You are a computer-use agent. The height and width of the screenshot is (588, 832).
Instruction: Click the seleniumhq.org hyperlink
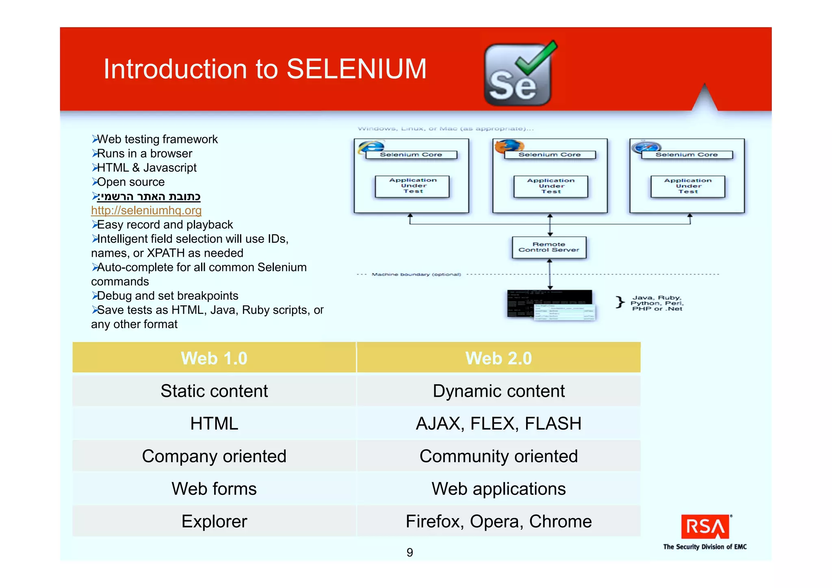click(146, 210)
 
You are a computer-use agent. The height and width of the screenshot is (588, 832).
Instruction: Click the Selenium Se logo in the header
click(518, 75)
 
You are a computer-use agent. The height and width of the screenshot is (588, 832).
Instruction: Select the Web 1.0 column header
click(214, 358)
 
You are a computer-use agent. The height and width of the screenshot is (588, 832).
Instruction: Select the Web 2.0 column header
click(498, 358)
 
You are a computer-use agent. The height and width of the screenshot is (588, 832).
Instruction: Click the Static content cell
click(214, 391)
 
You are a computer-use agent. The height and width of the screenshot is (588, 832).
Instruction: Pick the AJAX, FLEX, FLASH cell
click(498, 424)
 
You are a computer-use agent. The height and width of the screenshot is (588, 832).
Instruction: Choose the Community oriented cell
click(498, 456)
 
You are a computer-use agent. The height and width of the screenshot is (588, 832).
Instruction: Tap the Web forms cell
click(214, 489)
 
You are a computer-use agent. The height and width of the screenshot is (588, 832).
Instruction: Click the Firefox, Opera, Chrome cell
click(498, 521)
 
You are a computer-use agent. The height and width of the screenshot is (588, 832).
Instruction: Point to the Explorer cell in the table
click(214, 521)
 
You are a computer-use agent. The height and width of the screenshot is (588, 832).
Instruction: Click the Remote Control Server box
click(549, 247)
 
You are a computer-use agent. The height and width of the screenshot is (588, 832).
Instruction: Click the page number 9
click(409, 552)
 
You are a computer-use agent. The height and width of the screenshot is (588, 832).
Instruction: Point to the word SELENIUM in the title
click(356, 69)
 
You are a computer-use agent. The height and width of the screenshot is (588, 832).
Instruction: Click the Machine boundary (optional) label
click(416, 275)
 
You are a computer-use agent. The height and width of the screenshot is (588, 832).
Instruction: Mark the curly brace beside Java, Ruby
click(620, 302)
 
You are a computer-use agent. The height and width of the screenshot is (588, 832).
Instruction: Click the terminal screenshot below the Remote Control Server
click(550, 305)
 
